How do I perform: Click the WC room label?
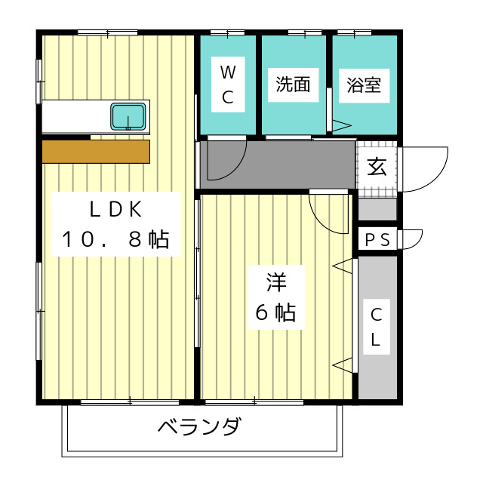click(228, 85)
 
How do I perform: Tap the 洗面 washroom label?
click(293, 85)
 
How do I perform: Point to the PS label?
click(377, 240)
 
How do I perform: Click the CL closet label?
click(377, 327)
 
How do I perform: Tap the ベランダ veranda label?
click(199, 428)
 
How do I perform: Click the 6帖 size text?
click(275, 312)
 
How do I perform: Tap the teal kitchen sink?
click(128, 117)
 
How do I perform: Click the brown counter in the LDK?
click(96, 152)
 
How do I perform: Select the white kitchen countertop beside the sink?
click(75, 117)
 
